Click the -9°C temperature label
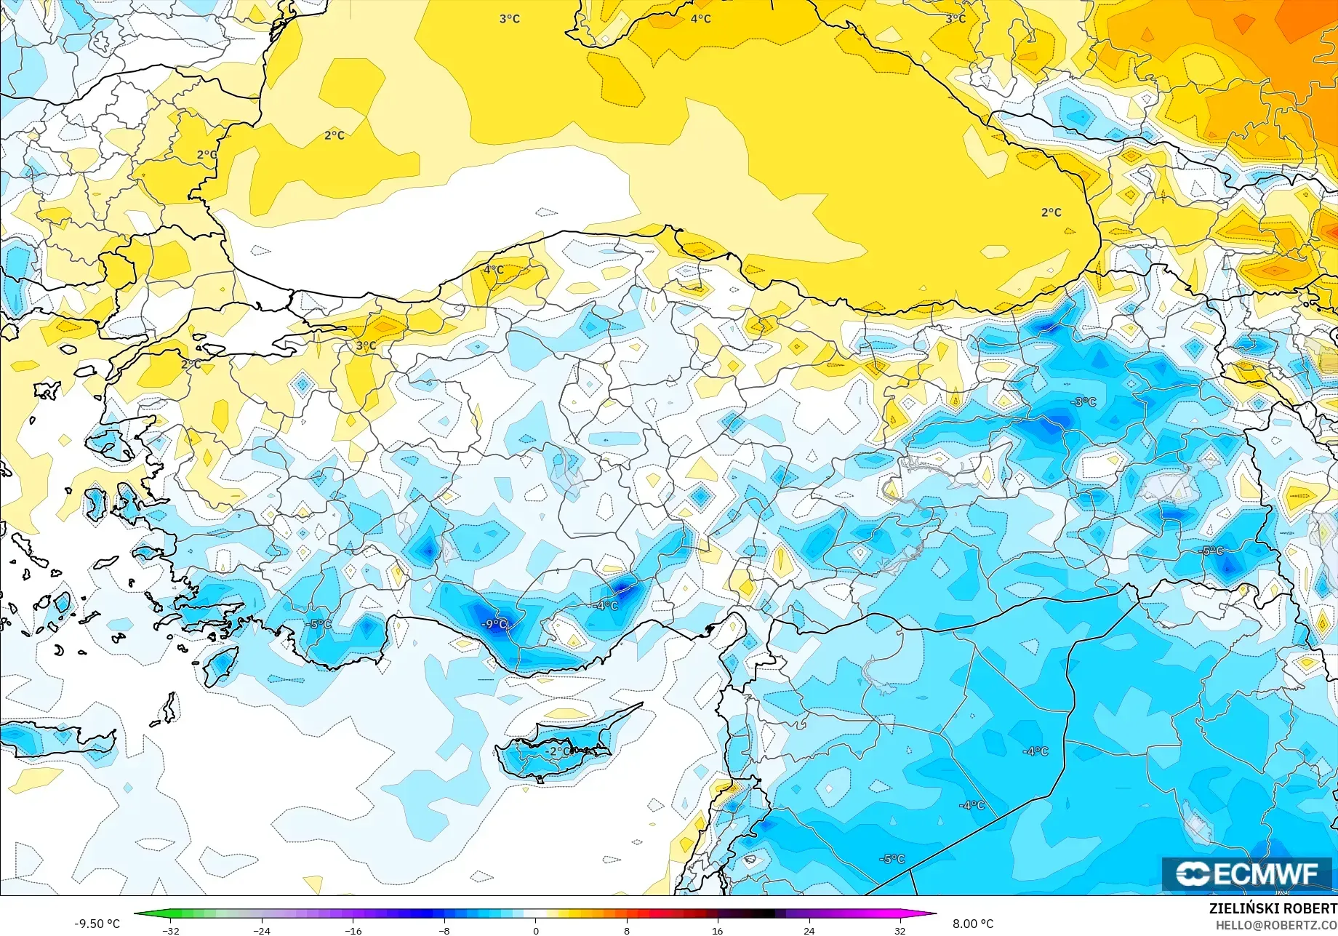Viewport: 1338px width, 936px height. [494, 624]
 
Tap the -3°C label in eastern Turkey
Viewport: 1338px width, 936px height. [1083, 402]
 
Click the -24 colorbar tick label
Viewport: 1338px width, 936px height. [262, 930]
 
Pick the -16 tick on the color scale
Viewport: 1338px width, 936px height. [353, 930]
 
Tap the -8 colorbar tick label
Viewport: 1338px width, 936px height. [444, 930]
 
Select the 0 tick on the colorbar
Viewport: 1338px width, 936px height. [536, 930]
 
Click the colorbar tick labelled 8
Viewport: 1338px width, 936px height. [627, 930]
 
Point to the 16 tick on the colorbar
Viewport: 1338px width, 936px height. [718, 930]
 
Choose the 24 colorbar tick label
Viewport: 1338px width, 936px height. [809, 930]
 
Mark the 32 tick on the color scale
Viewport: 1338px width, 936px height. [900, 930]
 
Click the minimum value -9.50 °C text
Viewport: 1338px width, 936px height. [97, 924]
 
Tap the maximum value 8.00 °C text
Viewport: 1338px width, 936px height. [972, 924]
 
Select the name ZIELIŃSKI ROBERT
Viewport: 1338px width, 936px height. [1273, 908]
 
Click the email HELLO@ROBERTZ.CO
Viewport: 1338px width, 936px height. [1277, 924]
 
